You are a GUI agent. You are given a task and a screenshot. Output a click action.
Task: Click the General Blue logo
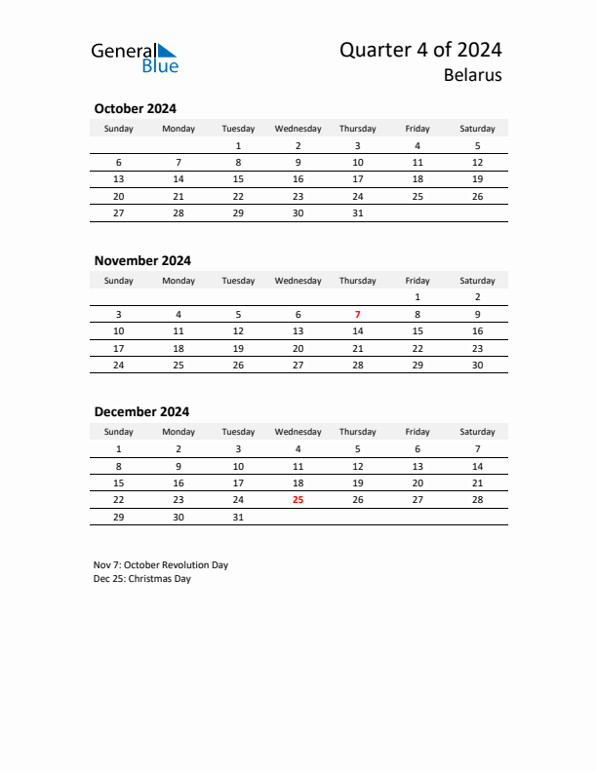click(x=135, y=58)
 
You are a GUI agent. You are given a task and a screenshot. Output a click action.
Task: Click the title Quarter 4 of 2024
click(x=420, y=50)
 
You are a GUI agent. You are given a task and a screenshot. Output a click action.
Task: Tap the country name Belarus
click(x=472, y=75)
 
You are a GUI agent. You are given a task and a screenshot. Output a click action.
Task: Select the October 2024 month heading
click(x=135, y=109)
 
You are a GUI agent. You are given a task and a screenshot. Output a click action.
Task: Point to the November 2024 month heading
click(x=142, y=260)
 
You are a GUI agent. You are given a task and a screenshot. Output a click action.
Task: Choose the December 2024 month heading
click(x=141, y=411)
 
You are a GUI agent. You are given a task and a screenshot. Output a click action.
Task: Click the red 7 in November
click(x=357, y=314)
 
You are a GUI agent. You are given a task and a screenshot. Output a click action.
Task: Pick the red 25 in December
click(x=298, y=499)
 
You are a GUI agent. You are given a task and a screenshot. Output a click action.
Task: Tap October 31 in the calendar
click(x=357, y=213)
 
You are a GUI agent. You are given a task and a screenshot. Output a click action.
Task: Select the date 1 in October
click(x=238, y=145)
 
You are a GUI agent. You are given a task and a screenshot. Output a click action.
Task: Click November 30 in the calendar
click(x=477, y=365)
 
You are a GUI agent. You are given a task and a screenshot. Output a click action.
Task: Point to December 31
click(x=238, y=517)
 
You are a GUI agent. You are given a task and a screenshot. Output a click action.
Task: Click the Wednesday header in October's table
click(x=298, y=129)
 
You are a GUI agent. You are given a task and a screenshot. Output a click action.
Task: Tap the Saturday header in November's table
click(x=477, y=281)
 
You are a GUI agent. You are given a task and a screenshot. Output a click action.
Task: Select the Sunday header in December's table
click(x=119, y=432)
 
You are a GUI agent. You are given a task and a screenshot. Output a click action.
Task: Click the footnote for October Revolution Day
click(x=161, y=564)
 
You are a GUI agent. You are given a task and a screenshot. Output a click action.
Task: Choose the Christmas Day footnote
click(x=142, y=579)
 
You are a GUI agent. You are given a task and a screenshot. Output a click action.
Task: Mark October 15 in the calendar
click(x=238, y=179)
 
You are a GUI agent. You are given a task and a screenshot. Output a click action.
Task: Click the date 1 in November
click(x=418, y=296)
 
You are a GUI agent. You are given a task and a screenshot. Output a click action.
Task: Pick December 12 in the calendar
click(x=357, y=466)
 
